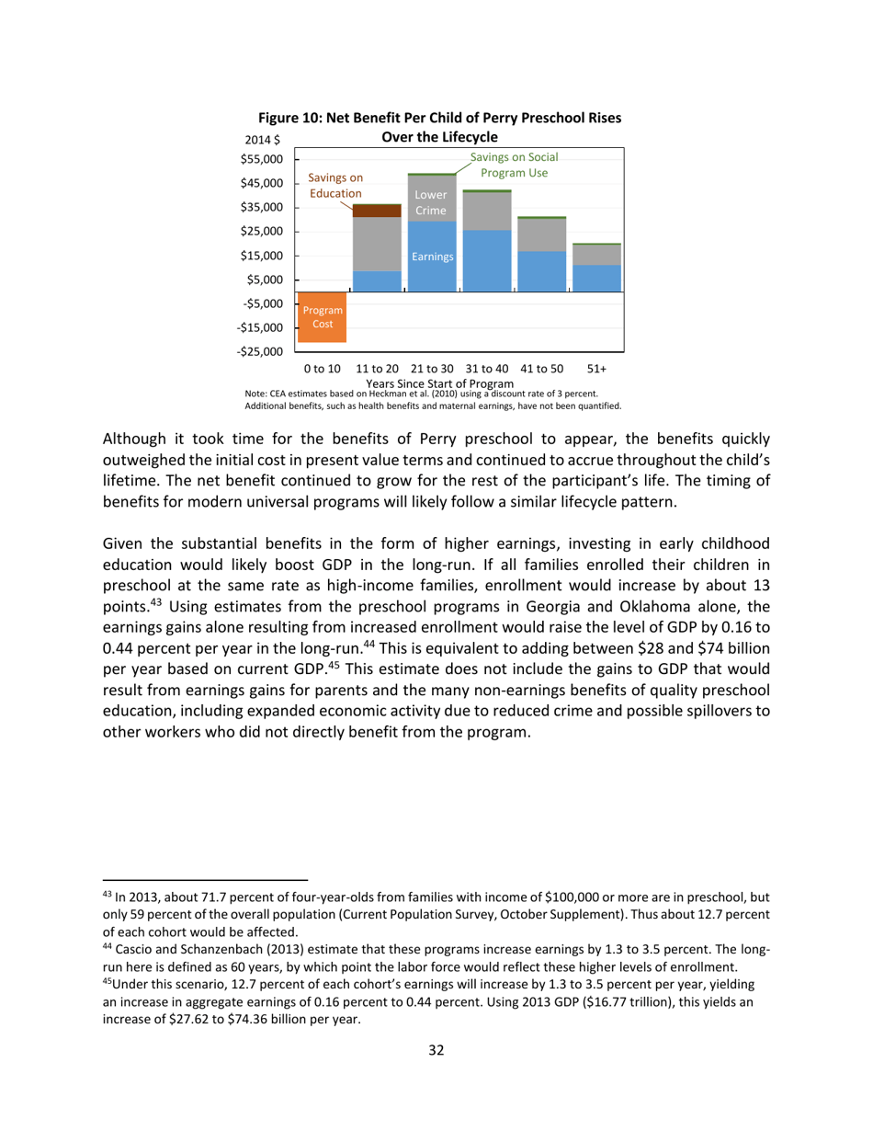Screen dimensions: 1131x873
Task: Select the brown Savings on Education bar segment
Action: (377, 211)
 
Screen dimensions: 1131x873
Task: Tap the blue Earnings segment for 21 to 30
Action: (431, 257)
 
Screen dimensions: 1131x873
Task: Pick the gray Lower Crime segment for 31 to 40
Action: (486, 211)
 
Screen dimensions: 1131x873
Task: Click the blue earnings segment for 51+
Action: (595, 279)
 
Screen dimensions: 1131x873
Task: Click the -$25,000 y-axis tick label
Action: (260, 351)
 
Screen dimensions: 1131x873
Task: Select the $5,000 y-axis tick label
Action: (265, 280)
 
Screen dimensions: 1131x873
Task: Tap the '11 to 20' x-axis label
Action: (377, 368)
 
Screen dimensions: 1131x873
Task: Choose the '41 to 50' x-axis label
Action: (541, 368)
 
